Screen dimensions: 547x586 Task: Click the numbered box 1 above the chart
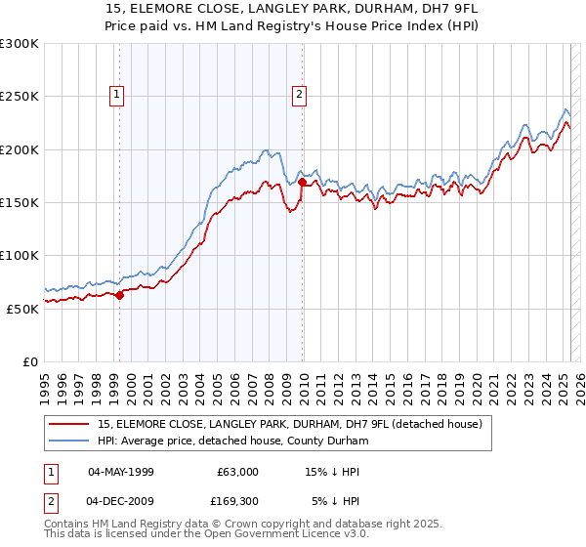(x=116, y=95)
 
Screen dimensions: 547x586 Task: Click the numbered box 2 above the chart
(x=298, y=95)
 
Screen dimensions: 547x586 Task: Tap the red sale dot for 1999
(x=119, y=295)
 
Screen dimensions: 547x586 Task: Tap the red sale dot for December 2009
(x=303, y=182)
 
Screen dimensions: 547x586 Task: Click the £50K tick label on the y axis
(x=22, y=308)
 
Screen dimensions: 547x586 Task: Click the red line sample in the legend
(x=70, y=425)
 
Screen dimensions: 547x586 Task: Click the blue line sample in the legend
(x=70, y=442)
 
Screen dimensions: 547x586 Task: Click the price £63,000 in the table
(x=237, y=472)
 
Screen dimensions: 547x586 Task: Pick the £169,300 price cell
(x=234, y=503)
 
